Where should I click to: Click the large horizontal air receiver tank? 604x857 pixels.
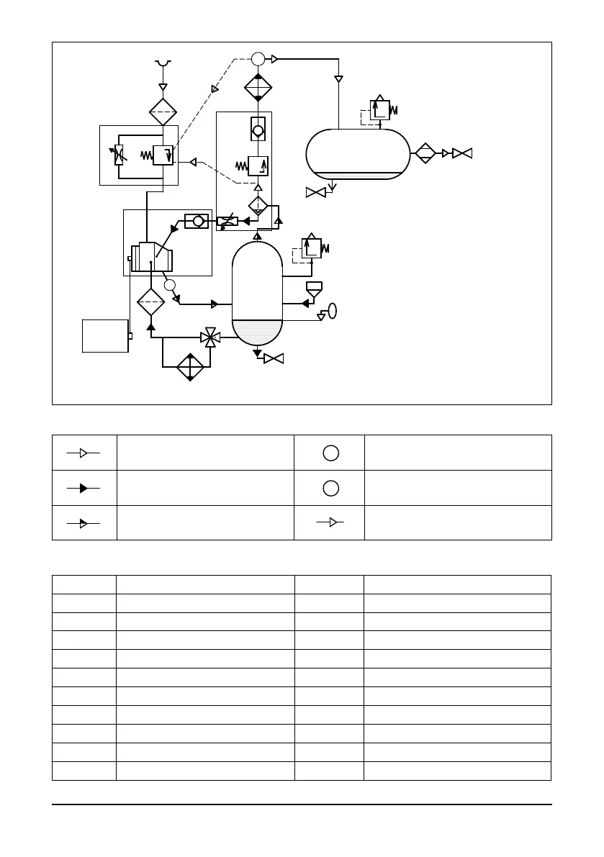point(357,154)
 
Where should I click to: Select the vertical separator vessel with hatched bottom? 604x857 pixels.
point(258,293)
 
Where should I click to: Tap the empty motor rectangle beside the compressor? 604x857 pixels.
point(105,335)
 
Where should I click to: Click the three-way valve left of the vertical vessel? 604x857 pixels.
point(210,336)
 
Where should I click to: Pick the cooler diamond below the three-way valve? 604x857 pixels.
point(191,366)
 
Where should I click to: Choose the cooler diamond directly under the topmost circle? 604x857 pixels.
point(258,88)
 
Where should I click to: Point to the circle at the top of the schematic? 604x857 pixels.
point(258,59)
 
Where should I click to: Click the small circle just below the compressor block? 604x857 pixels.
point(170,285)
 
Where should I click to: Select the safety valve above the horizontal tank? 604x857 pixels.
point(380,109)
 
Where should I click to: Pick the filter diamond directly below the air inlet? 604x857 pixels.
point(163,112)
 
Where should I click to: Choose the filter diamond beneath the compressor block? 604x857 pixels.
point(151,301)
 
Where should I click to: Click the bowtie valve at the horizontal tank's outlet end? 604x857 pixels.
point(462,153)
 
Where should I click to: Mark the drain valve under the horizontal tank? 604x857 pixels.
point(315,192)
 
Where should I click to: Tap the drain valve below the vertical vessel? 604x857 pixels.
point(274,358)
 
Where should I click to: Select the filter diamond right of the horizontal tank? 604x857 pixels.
point(425,153)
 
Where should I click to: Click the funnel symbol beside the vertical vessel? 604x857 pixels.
point(314,289)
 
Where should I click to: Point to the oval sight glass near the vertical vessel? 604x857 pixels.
point(333,311)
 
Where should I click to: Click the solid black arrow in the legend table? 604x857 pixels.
point(84,488)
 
